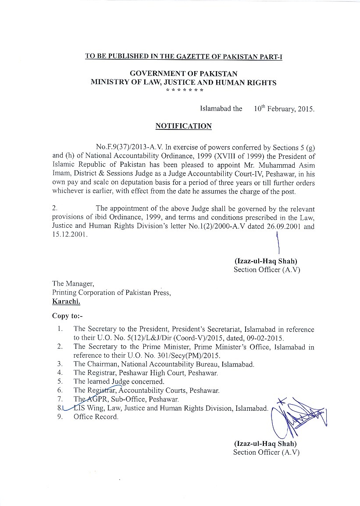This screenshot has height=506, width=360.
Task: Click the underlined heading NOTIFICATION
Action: (183, 126)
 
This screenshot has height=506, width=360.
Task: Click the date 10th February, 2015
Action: (284, 109)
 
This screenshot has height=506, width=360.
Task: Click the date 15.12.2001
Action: (69, 235)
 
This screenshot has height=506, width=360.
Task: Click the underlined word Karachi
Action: (66, 301)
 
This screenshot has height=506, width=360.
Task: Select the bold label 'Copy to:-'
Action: (67, 316)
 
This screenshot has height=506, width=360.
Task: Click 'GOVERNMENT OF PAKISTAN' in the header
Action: (183, 74)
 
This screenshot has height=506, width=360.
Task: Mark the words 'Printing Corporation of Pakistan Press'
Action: (111, 293)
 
